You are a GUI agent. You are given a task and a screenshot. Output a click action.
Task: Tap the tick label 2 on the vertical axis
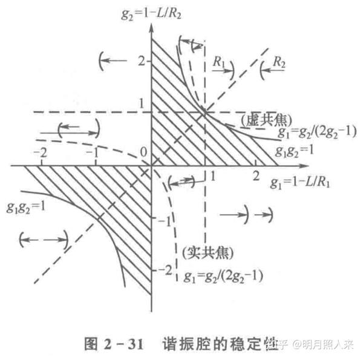(142, 61)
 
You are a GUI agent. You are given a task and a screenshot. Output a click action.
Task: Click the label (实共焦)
(207, 250)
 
